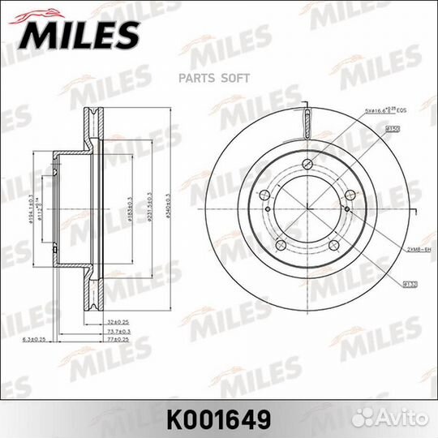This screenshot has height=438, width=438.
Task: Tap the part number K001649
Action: tap(218, 419)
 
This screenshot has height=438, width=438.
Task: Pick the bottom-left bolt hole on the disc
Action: tap(280, 245)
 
